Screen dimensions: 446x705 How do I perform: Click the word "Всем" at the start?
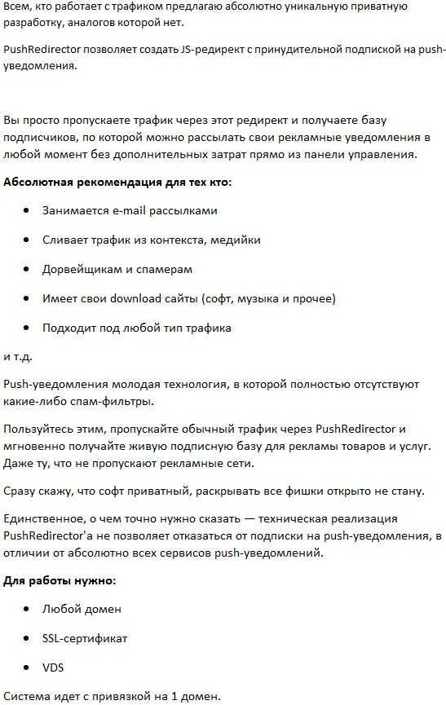tap(17, 7)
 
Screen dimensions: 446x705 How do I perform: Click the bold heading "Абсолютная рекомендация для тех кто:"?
tap(117, 182)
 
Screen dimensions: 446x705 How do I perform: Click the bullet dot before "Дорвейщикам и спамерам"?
tap(26, 269)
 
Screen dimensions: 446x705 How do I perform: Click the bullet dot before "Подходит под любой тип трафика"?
tap(26, 328)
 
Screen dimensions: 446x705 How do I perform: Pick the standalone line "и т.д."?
tap(19, 356)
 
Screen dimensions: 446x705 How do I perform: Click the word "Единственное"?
tap(42, 518)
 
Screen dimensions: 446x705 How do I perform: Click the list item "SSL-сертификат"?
tap(85, 638)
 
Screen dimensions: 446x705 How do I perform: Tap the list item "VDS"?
tap(54, 668)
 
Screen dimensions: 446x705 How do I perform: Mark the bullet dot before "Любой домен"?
tap(26, 609)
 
